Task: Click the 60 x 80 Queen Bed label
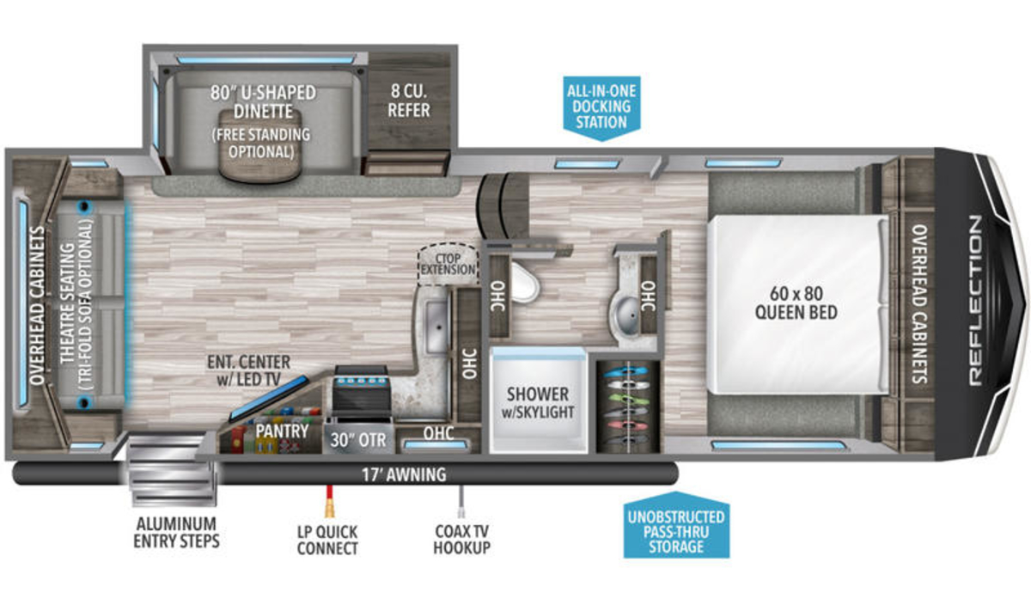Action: tap(796, 303)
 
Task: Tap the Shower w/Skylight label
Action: tap(538, 403)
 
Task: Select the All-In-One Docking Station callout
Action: tap(601, 108)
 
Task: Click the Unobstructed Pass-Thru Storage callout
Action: tap(676, 526)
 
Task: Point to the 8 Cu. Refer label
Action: tap(409, 101)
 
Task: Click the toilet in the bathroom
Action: tap(524, 283)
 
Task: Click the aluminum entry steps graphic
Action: tap(171, 469)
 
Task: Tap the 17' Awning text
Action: tap(404, 474)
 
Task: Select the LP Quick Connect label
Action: tap(327, 540)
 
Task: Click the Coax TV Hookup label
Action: tap(461, 540)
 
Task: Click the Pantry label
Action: tap(282, 431)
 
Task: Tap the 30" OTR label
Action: tap(358, 441)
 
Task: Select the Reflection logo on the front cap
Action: tap(975, 300)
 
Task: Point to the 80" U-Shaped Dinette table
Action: tap(260, 145)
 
